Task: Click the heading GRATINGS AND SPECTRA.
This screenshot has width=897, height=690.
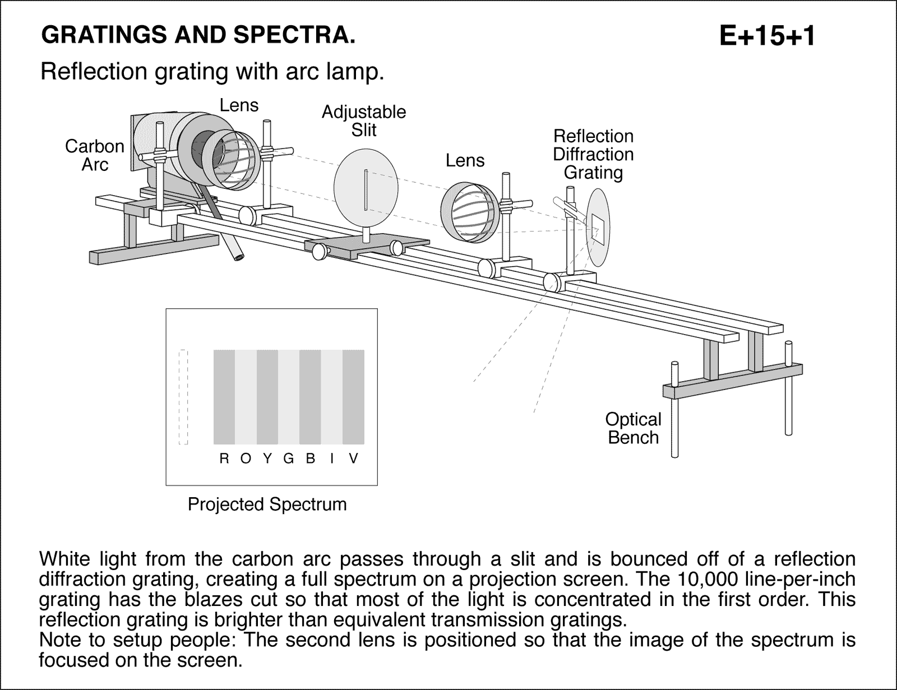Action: pos(198,35)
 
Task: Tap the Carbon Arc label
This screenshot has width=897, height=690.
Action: pos(94,155)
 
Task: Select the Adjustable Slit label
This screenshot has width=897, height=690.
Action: pos(363,121)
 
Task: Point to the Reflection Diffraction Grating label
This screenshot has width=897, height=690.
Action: pos(593,154)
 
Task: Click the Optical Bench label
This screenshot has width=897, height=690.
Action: pos(633,428)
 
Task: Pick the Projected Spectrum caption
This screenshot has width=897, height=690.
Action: pos(267,504)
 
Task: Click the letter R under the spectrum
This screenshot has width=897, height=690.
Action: pos(224,459)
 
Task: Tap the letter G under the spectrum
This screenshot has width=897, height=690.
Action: pos(289,459)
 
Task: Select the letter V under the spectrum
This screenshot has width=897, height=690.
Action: pos(353,459)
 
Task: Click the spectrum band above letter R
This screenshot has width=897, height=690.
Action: pos(224,397)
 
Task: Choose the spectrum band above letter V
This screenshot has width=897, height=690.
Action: pos(353,397)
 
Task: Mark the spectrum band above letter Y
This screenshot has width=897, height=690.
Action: pos(267,397)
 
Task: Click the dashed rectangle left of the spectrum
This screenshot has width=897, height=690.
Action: pos(183,397)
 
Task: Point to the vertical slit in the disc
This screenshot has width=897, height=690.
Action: pos(366,190)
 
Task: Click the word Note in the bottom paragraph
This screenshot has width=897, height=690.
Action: pos(61,640)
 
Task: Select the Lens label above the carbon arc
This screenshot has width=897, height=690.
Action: pos(239,105)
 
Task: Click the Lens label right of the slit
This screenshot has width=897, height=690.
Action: pos(465,161)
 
